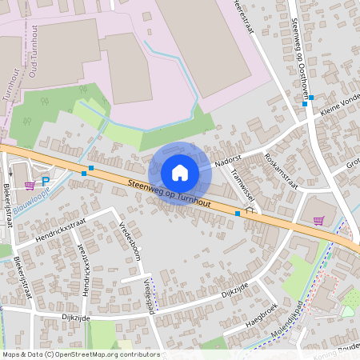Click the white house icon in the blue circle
(x=180, y=173)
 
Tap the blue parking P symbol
(x=46, y=182)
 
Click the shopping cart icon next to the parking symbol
(x=30, y=185)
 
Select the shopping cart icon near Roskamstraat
(x=318, y=221)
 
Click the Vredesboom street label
(x=130, y=241)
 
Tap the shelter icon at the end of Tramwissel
(x=250, y=210)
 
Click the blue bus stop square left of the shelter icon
(x=238, y=214)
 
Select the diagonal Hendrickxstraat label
(x=61, y=232)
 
